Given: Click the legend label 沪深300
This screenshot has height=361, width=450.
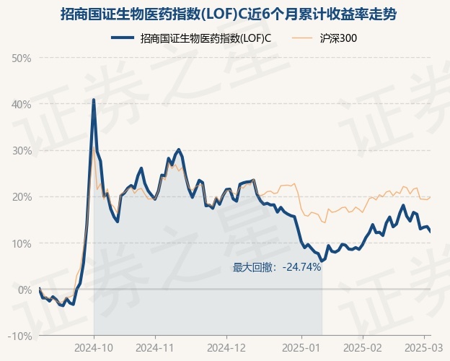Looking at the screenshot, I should [x=338, y=38].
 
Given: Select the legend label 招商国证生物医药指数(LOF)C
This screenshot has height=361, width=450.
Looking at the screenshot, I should [x=206, y=38].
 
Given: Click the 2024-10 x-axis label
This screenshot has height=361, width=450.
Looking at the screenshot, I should [x=94, y=347].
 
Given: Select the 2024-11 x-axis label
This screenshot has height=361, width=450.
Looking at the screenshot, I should [x=156, y=347].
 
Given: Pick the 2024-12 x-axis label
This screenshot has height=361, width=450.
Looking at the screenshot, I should [x=227, y=347].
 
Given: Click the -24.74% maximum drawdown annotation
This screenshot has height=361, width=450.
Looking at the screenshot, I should [x=277, y=267].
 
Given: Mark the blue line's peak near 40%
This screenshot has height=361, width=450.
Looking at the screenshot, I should [x=94, y=100].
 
